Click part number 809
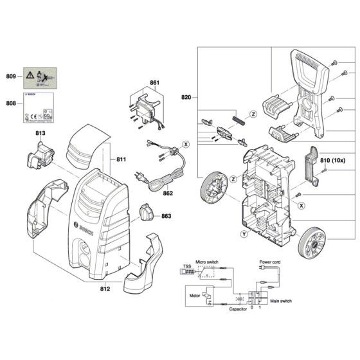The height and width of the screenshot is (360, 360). click(12, 76)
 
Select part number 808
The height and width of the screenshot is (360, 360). click(12, 102)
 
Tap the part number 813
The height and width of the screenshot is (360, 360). click(40, 133)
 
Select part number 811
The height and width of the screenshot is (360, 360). click(123, 158)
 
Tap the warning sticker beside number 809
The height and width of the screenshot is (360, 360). click(37, 76)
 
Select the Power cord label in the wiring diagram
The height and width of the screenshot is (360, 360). click(270, 262)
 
